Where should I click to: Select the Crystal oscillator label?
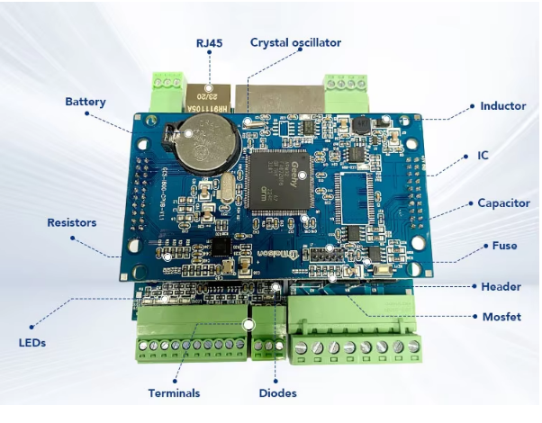coord(296,42)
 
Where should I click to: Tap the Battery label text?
coord(85,102)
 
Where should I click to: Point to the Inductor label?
coord(502,106)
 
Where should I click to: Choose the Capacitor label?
coord(503,203)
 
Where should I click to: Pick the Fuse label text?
coord(504,246)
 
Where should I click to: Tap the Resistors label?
coord(71,222)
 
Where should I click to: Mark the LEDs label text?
coord(32,343)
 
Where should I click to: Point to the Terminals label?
coord(175,392)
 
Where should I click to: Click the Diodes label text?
coord(276,392)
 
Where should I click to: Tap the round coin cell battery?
coord(203,148)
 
